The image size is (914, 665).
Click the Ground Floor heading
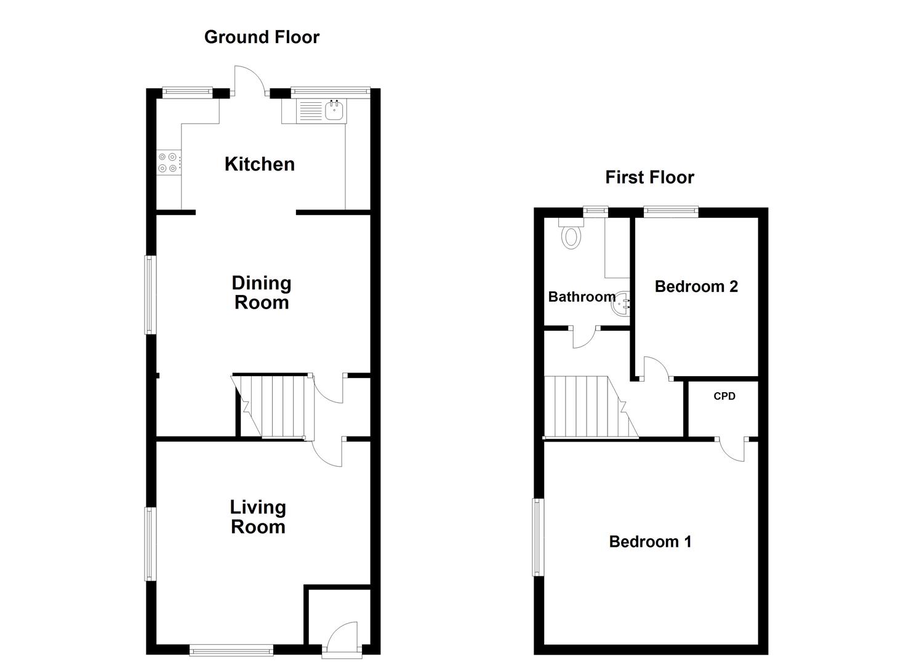[x=262, y=37]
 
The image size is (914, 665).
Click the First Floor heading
[x=649, y=177]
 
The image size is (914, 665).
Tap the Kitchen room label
[x=259, y=164]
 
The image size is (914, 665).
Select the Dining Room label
[x=262, y=292]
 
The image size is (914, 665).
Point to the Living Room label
[x=258, y=517]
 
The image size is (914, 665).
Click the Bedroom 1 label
[x=650, y=541]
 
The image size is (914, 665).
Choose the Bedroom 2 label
[x=696, y=286]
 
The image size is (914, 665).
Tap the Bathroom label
[x=582, y=297]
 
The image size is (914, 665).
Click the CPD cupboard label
[x=724, y=396]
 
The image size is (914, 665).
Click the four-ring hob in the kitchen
[x=168, y=162]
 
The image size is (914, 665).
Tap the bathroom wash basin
[x=622, y=303]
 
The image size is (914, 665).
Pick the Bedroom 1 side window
[x=539, y=537]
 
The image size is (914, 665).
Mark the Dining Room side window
[x=150, y=294]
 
